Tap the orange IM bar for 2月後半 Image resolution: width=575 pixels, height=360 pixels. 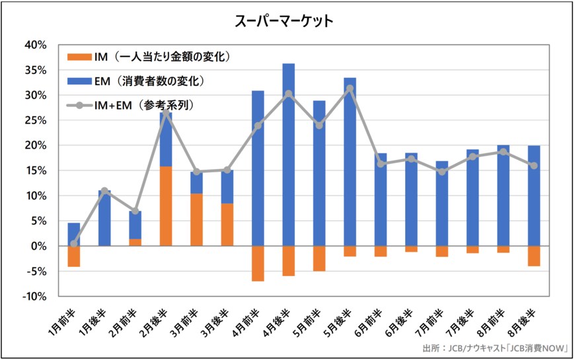[x=166, y=206]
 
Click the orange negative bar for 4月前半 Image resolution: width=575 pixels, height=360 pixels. [x=258, y=263]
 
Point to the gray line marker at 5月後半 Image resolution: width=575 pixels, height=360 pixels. [x=350, y=89]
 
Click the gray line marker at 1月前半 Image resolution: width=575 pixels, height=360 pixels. [x=74, y=244]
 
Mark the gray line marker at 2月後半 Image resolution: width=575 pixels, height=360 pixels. [x=166, y=113]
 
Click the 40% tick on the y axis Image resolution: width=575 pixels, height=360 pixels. [x=35, y=45]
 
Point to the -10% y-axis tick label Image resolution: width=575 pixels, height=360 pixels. [x=34, y=296]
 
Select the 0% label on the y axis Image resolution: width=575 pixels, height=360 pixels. [x=38, y=246]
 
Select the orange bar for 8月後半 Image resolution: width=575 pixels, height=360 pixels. [x=533, y=256]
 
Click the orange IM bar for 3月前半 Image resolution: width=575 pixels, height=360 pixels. [x=196, y=219]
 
